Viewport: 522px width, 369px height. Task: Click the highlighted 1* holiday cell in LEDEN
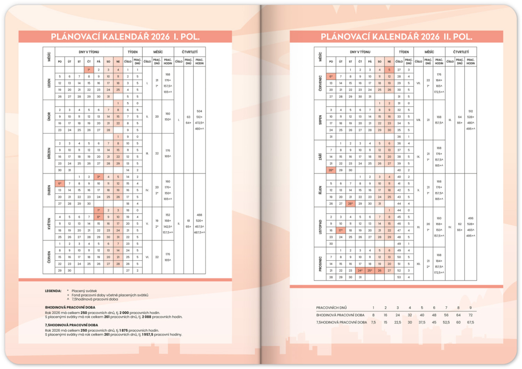pos(89,69)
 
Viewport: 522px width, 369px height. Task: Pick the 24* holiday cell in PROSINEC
pos(360,270)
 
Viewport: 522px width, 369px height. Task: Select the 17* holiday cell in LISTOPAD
pos(341,230)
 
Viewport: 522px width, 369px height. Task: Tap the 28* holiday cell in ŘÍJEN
pos(350,204)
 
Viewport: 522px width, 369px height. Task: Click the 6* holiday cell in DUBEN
pos(60,183)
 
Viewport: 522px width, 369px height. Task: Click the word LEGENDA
pos(53,291)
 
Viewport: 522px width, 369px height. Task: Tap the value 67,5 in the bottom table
pos(470,323)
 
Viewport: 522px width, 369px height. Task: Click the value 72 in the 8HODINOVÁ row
pos(470,315)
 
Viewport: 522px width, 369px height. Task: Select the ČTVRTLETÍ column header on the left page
pos(190,52)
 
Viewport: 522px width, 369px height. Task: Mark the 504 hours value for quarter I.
pos(199,111)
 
